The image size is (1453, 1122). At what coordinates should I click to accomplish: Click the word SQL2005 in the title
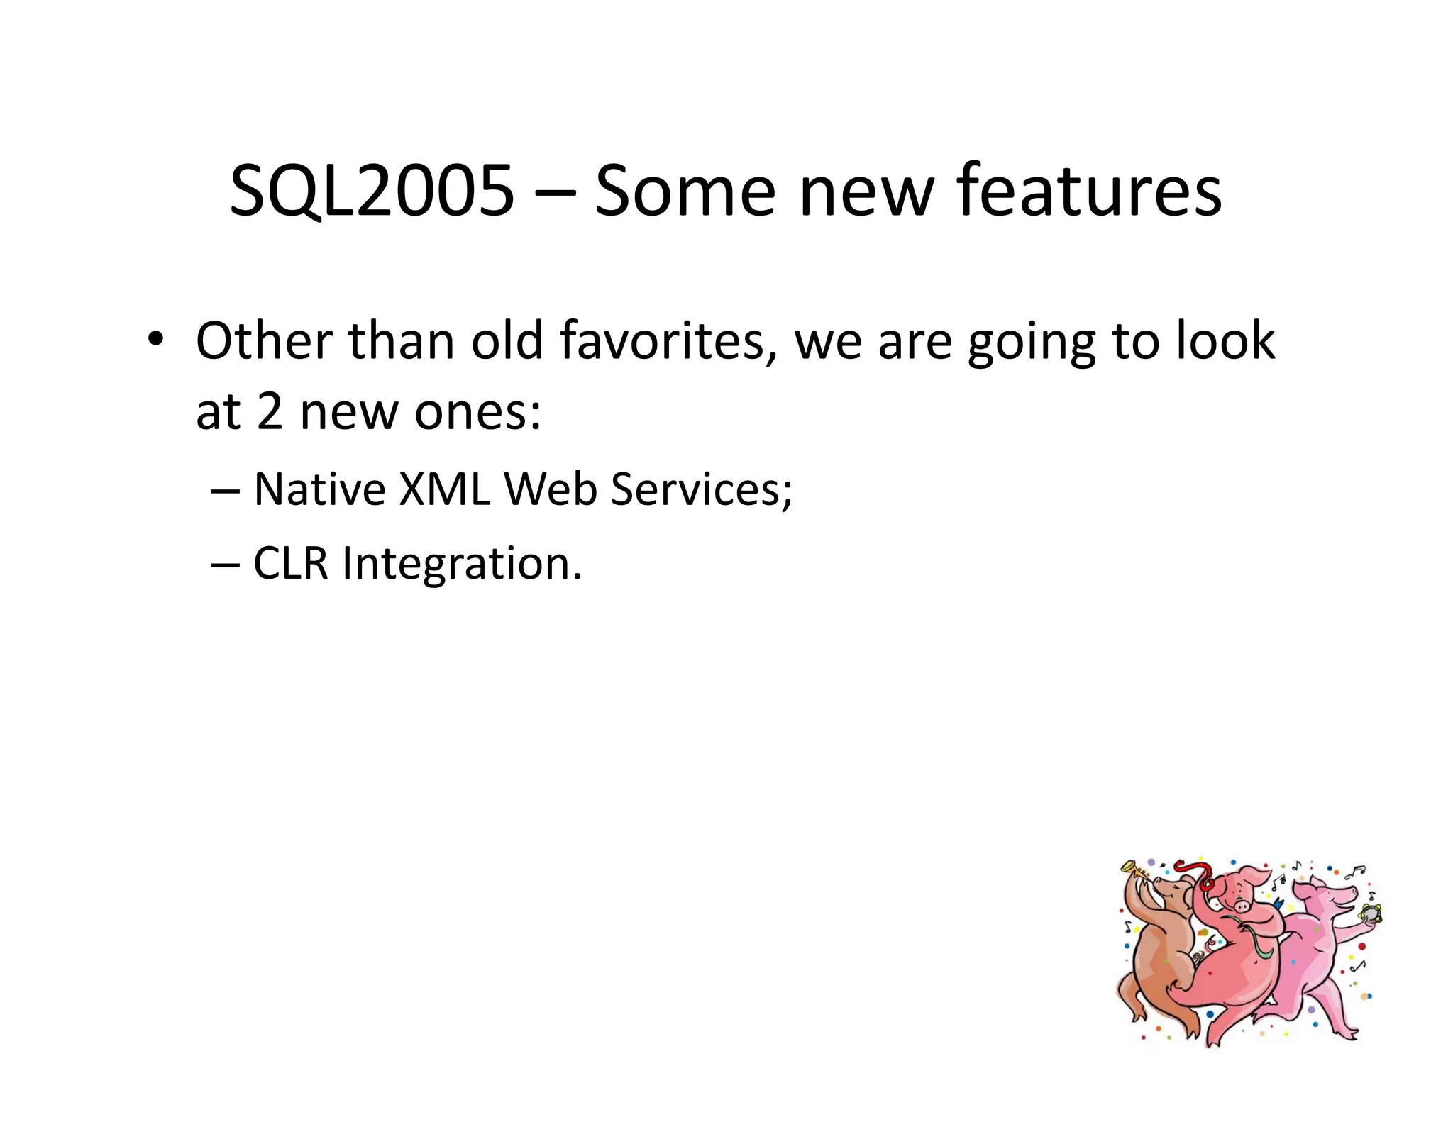pos(371,191)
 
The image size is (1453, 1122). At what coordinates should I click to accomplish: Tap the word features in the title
pos(1088,189)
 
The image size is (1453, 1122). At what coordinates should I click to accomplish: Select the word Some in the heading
pos(685,191)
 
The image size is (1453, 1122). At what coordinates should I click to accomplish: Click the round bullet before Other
pos(155,339)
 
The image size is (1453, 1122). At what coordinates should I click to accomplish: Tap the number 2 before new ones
pos(270,412)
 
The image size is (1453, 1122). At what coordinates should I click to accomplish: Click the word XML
pos(444,489)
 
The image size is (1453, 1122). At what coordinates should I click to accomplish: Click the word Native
pos(319,489)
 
